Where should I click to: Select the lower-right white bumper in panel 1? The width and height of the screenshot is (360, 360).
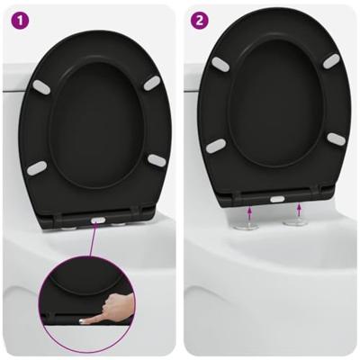(157, 160)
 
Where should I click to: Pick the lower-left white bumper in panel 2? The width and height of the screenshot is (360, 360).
(216, 145)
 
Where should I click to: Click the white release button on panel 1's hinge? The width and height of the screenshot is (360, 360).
(98, 218)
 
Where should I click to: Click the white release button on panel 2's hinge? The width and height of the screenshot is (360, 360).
(277, 198)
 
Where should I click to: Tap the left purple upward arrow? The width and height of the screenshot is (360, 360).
(249, 211)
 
